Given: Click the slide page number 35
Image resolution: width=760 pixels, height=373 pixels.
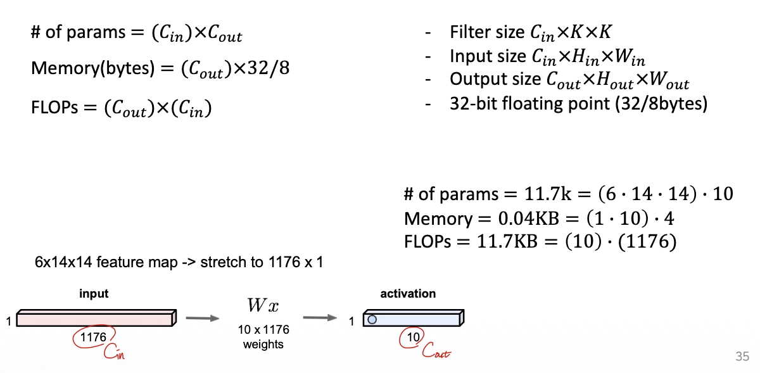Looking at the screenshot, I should [742, 356].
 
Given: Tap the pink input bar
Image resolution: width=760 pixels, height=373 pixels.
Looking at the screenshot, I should [95, 319].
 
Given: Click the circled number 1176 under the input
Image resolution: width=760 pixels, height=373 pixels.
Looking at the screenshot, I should [93, 338].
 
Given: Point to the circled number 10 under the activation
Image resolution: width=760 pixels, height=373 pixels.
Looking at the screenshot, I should [413, 338].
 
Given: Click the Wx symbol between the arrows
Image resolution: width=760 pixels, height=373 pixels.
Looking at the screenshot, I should [263, 306].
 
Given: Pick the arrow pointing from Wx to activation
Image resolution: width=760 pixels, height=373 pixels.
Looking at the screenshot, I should [322, 319].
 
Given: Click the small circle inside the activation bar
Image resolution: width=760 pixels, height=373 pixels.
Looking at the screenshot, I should [372, 319].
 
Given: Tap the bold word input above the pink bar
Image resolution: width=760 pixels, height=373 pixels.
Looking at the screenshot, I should [94, 294].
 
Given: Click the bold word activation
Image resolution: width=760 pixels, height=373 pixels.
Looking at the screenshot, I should [408, 294].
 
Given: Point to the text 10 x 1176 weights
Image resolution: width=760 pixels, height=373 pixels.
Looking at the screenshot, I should [263, 338].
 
